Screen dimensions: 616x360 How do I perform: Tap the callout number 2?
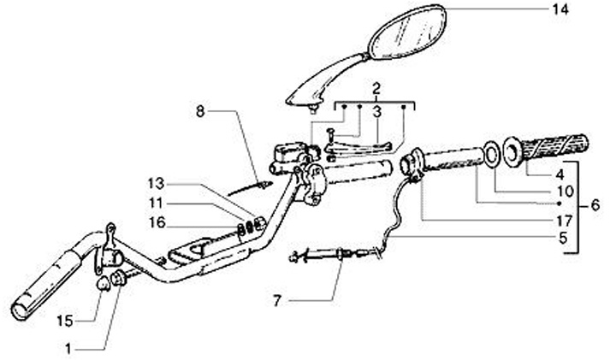[x=376, y=87]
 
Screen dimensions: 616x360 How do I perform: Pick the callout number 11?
[x=153, y=204]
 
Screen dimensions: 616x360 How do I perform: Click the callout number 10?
[x=560, y=192]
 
